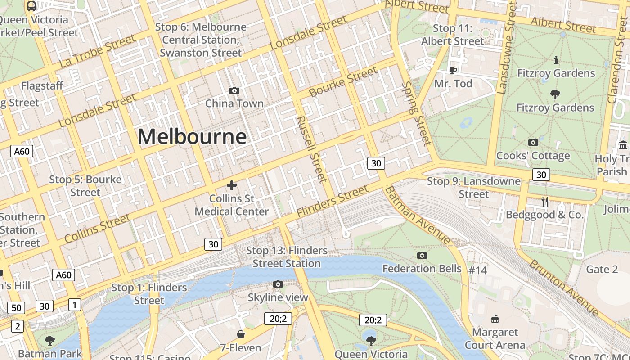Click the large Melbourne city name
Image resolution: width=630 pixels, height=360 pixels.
192,136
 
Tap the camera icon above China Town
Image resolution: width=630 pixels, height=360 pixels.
234,91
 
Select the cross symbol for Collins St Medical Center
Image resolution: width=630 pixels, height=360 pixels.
232,185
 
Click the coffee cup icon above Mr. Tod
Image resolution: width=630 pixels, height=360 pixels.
453,70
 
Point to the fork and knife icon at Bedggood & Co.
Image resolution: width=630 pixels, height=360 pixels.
545,202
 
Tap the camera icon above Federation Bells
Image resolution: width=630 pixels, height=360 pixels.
422,256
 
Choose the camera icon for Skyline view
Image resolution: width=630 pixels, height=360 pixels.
278,284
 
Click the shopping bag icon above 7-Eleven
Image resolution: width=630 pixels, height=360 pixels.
241,334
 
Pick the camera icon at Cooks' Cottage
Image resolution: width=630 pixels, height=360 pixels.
533,143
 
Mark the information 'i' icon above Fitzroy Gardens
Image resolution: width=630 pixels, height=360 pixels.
556,60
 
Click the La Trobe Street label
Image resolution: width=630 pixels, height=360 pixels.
97,51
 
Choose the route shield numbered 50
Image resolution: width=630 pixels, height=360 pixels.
16,308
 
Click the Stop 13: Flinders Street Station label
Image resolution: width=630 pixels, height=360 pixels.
287,257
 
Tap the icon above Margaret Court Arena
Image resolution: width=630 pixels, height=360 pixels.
495,319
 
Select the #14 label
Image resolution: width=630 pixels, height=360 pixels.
478,270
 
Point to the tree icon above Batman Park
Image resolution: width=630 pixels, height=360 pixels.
50,340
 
